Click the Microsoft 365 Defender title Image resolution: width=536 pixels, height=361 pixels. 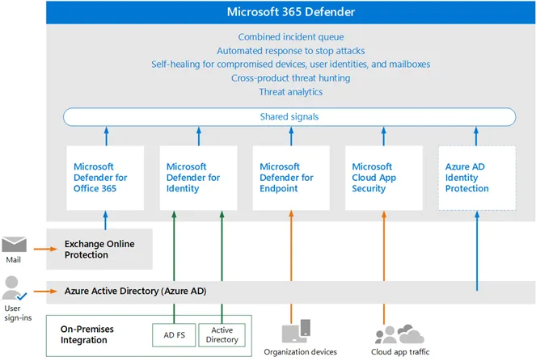click(x=291, y=12)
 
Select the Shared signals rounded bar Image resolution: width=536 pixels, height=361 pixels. click(x=289, y=117)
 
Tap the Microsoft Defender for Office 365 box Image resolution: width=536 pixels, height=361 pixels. click(x=105, y=178)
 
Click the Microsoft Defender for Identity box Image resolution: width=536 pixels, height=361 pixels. click(x=198, y=178)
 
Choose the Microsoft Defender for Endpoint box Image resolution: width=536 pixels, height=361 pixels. click(x=291, y=178)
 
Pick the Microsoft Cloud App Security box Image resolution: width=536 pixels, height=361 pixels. click(x=384, y=178)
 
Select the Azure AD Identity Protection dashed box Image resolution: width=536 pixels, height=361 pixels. click(x=477, y=178)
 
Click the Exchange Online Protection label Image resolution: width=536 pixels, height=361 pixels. click(x=99, y=250)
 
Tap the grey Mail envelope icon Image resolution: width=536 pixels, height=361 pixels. click(x=14, y=244)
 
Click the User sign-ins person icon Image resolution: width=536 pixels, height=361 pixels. click(x=14, y=288)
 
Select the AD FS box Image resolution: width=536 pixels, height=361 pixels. click(x=174, y=335)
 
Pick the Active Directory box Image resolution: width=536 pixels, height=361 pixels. click(x=222, y=335)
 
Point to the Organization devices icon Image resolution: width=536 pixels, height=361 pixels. click(x=297, y=330)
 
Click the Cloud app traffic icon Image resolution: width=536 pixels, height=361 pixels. click(x=399, y=334)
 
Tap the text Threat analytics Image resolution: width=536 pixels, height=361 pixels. click(x=291, y=92)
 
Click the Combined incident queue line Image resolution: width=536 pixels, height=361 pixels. click(x=291, y=37)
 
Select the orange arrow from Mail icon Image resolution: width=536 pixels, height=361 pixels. click(x=45, y=249)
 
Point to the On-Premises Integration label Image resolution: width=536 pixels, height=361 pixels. click(x=87, y=334)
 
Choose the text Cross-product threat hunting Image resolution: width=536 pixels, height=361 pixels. click(x=291, y=78)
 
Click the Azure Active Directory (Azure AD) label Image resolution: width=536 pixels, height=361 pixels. click(x=135, y=291)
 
